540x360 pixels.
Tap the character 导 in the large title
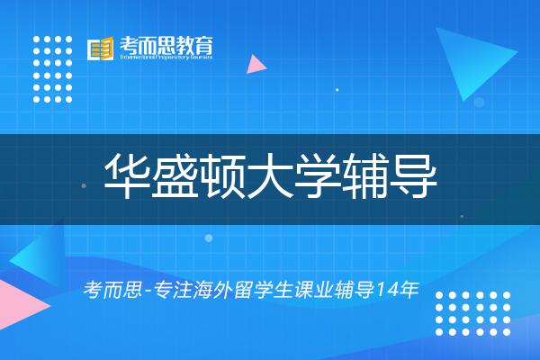[414, 175]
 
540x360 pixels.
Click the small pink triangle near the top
[256, 64]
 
